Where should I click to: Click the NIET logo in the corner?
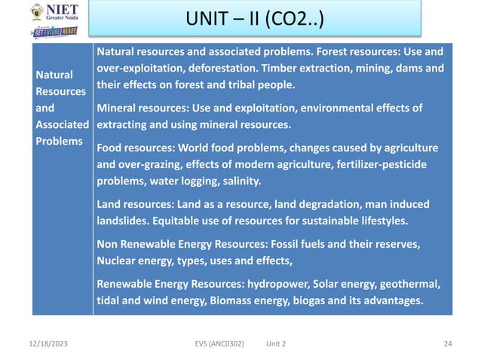tap(54, 13)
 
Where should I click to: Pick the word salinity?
tap(240, 181)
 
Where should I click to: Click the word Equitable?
tap(176, 221)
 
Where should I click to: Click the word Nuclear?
tap(118, 261)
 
